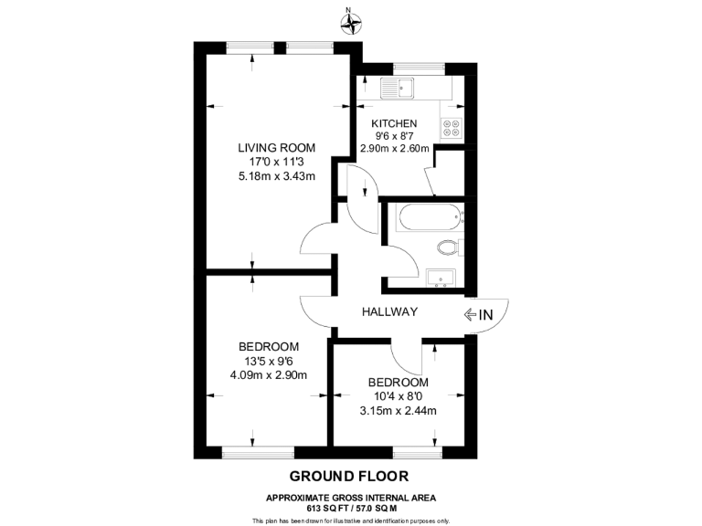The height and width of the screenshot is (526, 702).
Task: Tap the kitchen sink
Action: click(399, 89)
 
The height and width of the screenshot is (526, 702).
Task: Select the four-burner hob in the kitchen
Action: click(452, 128)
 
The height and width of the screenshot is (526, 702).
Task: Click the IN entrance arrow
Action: click(478, 315)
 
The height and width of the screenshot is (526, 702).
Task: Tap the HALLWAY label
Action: click(388, 312)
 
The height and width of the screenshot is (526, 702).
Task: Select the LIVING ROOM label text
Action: click(276, 147)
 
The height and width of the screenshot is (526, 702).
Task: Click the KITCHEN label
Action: click(394, 123)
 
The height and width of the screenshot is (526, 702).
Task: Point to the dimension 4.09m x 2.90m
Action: click(268, 374)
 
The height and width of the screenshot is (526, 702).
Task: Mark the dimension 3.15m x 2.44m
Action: click(398, 410)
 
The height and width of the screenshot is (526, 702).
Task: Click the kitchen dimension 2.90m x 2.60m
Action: click(395, 149)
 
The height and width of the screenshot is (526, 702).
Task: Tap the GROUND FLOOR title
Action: click(349, 476)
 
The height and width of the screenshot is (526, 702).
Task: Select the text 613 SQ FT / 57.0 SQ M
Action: click(350, 507)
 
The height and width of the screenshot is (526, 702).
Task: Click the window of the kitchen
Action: click(419, 67)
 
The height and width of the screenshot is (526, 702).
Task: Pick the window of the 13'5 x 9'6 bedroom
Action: click(259, 452)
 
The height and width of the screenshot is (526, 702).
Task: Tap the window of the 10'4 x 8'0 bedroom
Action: click(419, 452)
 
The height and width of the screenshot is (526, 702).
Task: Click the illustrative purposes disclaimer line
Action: click(350, 520)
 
